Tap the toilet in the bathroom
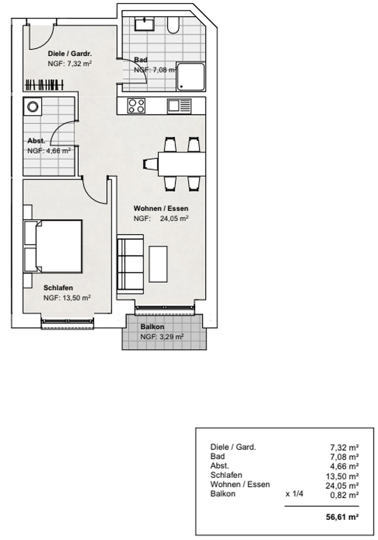click(x=173, y=25)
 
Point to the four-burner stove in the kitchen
click(x=136, y=105)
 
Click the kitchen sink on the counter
click(x=179, y=105)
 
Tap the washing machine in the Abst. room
click(x=33, y=106)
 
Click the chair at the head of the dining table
click(x=150, y=163)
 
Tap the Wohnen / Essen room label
click(x=160, y=208)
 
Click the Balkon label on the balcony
click(x=152, y=327)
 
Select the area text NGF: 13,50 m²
click(x=66, y=297)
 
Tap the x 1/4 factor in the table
click(x=294, y=494)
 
